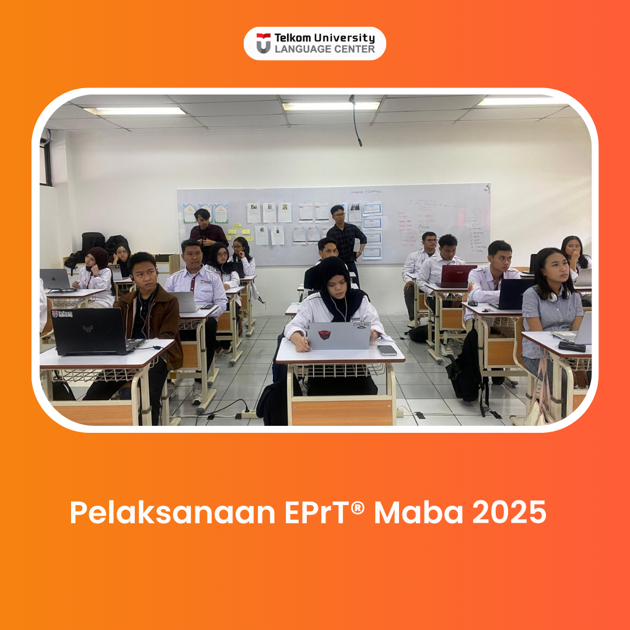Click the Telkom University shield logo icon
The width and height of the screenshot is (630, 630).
[x=264, y=43]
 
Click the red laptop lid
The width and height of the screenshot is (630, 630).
[x=459, y=275]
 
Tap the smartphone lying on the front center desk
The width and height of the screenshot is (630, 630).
[x=387, y=350]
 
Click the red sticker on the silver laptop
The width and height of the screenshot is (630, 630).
[x=324, y=335]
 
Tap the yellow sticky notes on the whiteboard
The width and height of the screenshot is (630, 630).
[x=240, y=232]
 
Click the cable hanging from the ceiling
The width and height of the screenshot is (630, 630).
[x=355, y=120]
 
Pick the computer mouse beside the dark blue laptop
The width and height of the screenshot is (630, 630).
[x=473, y=303]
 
